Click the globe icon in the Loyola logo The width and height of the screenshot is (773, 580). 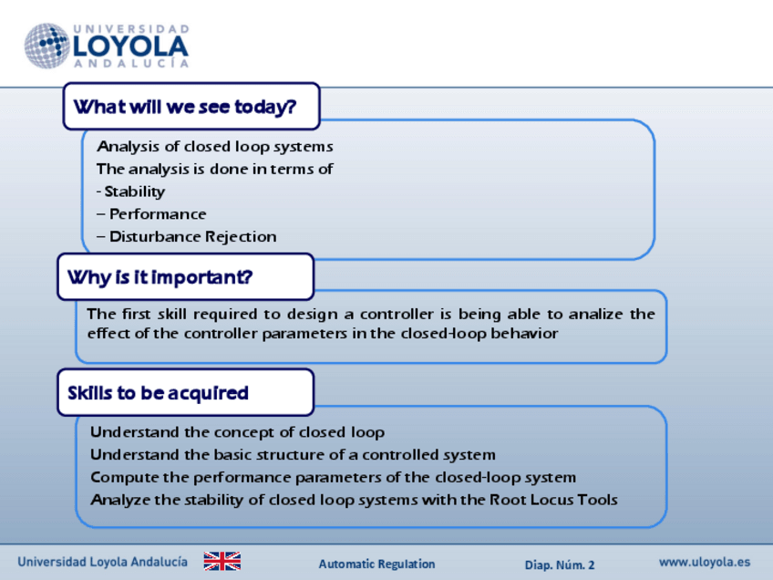point(46,46)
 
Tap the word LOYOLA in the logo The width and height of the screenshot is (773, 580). point(130,47)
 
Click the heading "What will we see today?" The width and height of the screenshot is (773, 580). point(185,107)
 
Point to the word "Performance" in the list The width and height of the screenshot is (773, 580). point(158,214)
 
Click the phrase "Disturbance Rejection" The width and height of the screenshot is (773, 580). point(192,237)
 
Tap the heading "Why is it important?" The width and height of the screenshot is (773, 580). point(160,277)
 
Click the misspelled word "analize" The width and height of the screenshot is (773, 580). point(595,314)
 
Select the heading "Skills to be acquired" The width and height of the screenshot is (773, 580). point(159,393)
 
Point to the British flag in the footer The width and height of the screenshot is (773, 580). point(222,561)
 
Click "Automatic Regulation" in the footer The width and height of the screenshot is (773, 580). point(376,564)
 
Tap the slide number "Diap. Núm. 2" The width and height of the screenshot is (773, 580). point(560,564)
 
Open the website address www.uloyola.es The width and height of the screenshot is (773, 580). point(705,563)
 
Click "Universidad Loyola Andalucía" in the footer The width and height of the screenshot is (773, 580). point(102,562)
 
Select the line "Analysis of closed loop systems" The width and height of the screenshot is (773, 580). point(215,147)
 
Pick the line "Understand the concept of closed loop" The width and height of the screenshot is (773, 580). point(237,432)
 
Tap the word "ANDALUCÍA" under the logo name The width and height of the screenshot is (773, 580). point(131,64)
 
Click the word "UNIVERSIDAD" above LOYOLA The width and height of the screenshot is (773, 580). point(131,29)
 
